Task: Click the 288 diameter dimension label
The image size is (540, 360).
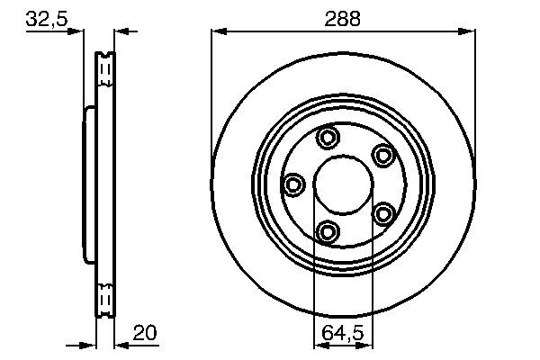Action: click(x=344, y=19)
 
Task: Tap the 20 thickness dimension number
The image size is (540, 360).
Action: click(x=145, y=333)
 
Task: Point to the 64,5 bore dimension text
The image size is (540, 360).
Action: click(x=344, y=334)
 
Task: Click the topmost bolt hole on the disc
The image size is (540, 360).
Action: click(x=328, y=138)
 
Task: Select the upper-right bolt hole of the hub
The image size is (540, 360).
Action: click(x=384, y=155)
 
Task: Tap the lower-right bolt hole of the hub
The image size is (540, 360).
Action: click(x=384, y=214)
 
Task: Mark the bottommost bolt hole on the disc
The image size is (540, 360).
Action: click(x=328, y=233)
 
